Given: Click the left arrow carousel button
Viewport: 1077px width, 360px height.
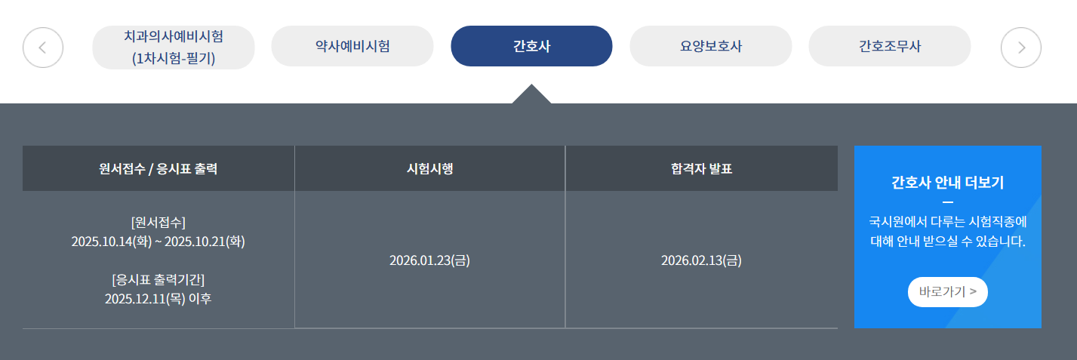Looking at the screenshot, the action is click(43, 47).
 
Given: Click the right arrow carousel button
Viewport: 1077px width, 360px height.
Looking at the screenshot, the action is click(1020, 47).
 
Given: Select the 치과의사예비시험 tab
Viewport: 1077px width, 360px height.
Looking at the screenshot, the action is click(174, 47).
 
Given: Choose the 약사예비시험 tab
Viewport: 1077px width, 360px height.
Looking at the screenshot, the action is click(352, 46).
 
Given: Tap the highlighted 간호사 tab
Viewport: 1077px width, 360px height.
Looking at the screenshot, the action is click(531, 46).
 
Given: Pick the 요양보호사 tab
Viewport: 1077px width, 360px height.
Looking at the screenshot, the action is click(710, 46).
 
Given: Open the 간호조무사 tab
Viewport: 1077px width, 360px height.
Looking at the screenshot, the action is click(889, 46).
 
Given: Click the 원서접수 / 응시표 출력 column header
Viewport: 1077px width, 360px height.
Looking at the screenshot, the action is click(158, 168).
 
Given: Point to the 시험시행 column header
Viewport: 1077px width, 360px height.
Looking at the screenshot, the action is click(429, 168).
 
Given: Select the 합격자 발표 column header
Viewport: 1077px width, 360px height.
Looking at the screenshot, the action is click(701, 168).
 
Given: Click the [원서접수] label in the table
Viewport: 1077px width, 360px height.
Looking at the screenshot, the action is click(158, 222).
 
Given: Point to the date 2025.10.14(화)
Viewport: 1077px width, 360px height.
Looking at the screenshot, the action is click(112, 242).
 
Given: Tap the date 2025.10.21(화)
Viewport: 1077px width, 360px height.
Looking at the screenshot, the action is click(205, 242).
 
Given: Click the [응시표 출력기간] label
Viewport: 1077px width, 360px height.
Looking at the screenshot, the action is click(158, 278).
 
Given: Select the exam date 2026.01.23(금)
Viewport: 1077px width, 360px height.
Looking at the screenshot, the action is click(429, 260).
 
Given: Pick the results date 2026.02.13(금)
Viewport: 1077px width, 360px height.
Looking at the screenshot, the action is click(701, 260).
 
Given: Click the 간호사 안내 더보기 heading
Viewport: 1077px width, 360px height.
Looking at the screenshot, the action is click(947, 183).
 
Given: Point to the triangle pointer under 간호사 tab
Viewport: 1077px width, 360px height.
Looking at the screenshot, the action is click(531, 95).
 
